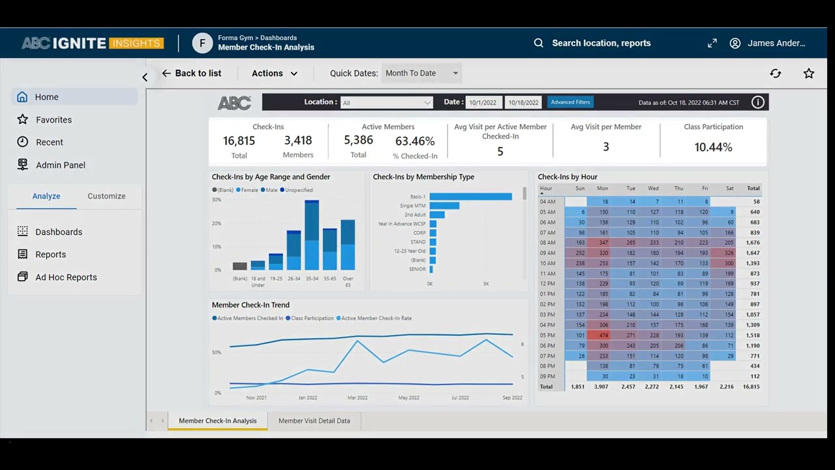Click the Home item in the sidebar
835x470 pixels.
(46, 97)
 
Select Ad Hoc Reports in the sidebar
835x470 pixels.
(66, 277)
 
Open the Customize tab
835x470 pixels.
(106, 196)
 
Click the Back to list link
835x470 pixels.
(192, 74)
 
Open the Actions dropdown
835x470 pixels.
(275, 74)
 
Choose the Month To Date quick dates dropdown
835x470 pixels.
(421, 73)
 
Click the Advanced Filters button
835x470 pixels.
(570, 102)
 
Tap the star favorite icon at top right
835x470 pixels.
(809, 74)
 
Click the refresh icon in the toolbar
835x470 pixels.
(776, 74)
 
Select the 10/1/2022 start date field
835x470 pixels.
(483, 102)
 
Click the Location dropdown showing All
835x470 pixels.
(386, 102)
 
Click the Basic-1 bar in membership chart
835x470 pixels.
(470, 196)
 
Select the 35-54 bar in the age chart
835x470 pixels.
(312, 235)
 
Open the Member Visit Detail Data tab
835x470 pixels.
(314, 421)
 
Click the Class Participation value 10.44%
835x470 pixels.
(713, 148)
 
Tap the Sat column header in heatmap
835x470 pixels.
(729, 189)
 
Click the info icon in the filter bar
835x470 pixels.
(757, 102)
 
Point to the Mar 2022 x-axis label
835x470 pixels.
(357, 398)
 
